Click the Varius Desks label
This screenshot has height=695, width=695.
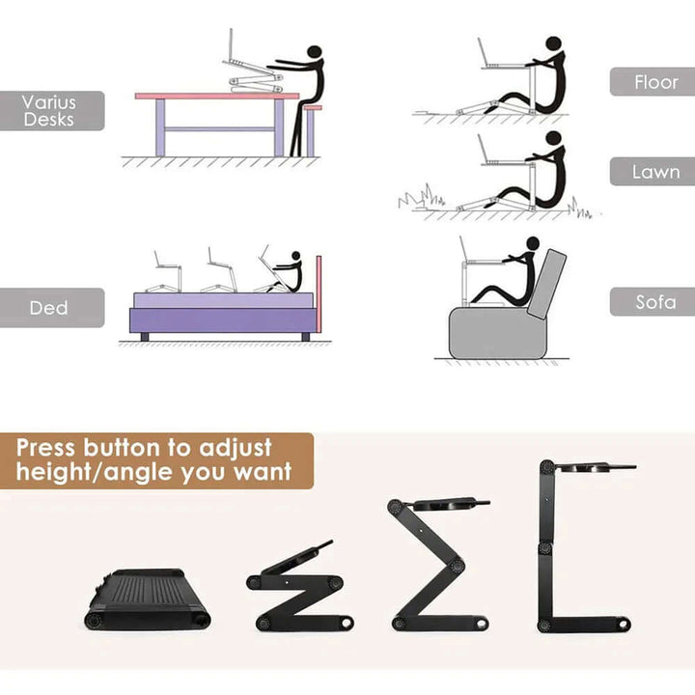[x=50, y=111]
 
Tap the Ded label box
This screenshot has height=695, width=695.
[x=50, y=308]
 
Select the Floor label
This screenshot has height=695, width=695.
[x=652, y=82]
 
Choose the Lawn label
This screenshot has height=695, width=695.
[x=652, y=172]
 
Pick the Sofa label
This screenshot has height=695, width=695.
[x=652, y=302]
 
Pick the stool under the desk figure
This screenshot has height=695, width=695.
[x=311, y=130]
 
